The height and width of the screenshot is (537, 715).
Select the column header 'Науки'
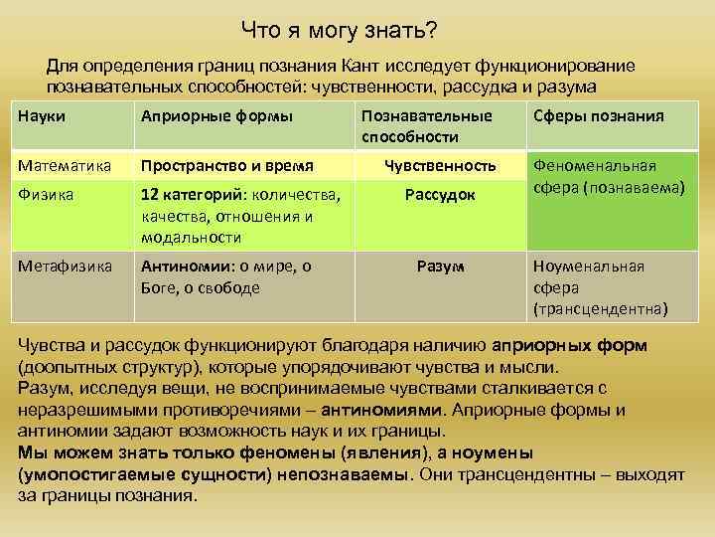coord(43,116)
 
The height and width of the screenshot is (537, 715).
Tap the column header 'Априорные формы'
coord(216,116)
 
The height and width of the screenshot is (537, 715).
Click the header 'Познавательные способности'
coord(426,126)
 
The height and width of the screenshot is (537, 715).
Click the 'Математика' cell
coord(65,165)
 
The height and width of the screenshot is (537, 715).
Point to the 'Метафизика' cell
coord(65,267)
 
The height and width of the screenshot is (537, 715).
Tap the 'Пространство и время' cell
coord(227,165)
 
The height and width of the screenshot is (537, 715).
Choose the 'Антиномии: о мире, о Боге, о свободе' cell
coord(227,276)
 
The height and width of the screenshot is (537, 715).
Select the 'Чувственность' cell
coord(440,165)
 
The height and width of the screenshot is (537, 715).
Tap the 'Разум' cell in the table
coord(440,267)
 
